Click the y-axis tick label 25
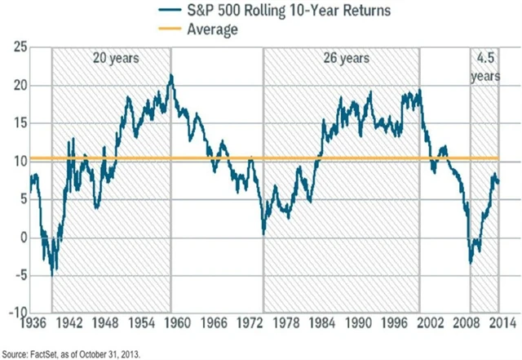pyautogui.click(x=15, y=47)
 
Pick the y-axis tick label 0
pyautogui.click(x=20, y=238)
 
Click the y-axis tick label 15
pyautogui.click(x=15, y=123)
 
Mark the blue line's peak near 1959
pyautogui.click(x=171, y=76)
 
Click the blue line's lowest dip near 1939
pyautogui.click(x=52, y=274)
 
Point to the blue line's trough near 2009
pyautogui.click(x=471, y=263)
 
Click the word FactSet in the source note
pyautogui.click(x=46, y=352)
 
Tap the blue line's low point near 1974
pyautogui.click(x=263, y=233)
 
